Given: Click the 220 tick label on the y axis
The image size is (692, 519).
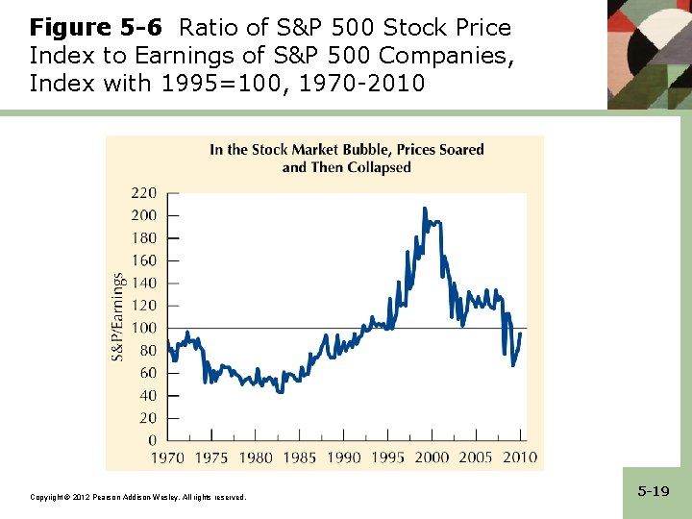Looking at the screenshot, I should [x=143, y=192].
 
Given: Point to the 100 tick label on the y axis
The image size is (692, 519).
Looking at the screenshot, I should [x=143, y=328].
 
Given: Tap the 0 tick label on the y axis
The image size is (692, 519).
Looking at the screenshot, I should [x=152, y=440].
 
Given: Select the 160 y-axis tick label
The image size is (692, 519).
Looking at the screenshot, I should [x=143, y=259].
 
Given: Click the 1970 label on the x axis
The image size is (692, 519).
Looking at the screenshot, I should [x=168, y=457].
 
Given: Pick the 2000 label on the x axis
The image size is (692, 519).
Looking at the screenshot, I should [x=432, y=457].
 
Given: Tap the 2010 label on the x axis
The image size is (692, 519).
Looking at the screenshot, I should [x=520, y=457].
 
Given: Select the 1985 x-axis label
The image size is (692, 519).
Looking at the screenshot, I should [x=300, y=457].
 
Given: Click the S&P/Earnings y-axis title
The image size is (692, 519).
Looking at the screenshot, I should [x=118, y=316].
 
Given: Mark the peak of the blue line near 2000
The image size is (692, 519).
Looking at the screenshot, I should [x=425, y=208].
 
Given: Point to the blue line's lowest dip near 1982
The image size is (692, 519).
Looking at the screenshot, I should [x=280, y=391].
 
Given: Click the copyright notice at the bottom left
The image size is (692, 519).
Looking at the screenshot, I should [x=138, y=497].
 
